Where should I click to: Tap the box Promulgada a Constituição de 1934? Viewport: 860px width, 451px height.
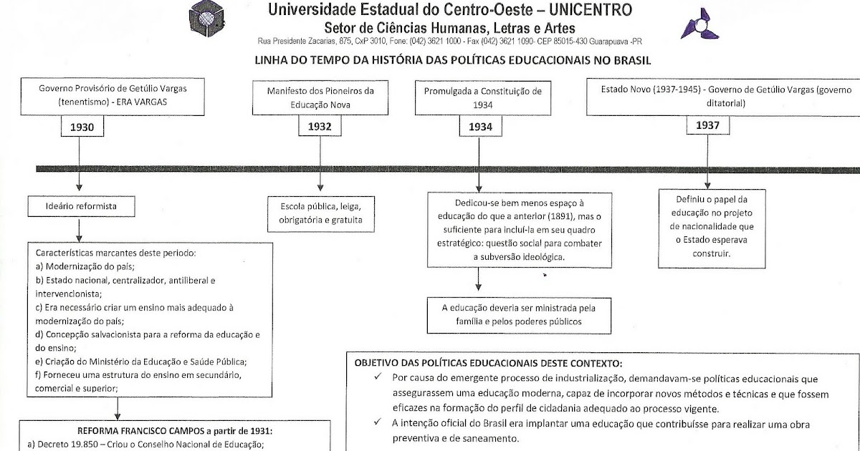pyautogui.click(x=483, y=97)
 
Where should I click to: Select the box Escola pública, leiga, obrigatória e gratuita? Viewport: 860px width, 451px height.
pyautogui.click(x=321, y=213)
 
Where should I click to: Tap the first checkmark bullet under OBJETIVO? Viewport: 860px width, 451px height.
pyautogui.click(x=378, y=378)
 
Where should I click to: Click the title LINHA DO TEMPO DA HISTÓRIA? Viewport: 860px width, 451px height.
pyautogui.click(x=452, y=61)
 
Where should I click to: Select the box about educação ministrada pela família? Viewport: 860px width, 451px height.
pyautogui.click(x=518, y=314)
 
